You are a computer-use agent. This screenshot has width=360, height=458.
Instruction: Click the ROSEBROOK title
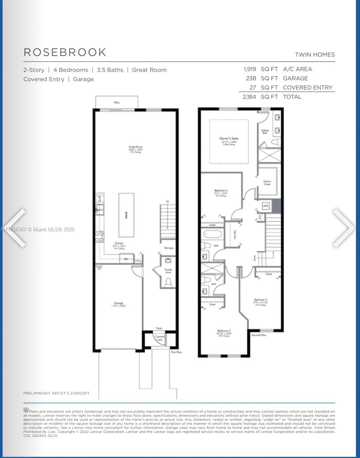point(65,52)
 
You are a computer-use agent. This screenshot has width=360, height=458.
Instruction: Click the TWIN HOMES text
point(315,55)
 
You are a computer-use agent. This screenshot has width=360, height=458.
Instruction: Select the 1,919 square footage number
point(250,69)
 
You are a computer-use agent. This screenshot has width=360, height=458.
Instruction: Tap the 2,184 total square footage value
point(249,97)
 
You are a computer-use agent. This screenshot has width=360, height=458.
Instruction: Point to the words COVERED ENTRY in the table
point(308,87)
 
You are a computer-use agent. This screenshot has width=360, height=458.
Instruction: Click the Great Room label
point(136,147)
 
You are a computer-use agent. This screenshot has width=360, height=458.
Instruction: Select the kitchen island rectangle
point(126,215)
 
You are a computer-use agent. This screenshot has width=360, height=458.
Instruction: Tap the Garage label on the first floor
point(118,303)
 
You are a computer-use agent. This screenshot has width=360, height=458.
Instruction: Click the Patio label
point(116,102)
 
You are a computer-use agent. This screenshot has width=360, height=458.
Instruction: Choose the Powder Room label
point(168,271)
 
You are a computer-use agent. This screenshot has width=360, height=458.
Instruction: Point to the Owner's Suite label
point(228,138)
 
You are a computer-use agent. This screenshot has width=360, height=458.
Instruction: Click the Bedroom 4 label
point(221,190)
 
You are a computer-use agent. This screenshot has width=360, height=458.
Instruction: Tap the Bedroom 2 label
point(260,300)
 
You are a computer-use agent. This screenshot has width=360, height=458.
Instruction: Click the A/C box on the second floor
point(266,206)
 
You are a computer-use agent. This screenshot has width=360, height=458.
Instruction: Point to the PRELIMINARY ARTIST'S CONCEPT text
point(57,393)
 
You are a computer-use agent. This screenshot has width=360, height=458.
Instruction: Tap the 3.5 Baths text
point(110,70)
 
